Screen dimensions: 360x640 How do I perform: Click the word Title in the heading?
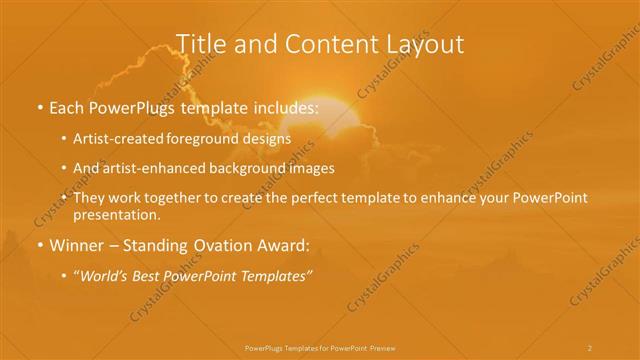(x=200, y=44)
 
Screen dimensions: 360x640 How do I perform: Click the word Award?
(x=283, y=243)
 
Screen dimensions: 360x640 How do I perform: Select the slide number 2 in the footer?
(x=589, y=347)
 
